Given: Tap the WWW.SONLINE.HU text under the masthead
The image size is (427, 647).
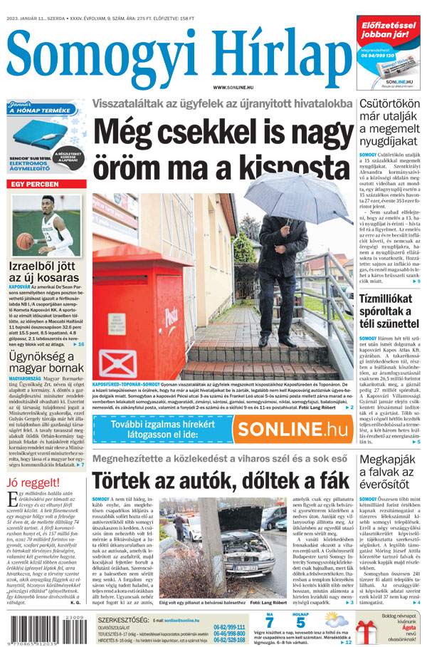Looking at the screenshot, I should [230, 88].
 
